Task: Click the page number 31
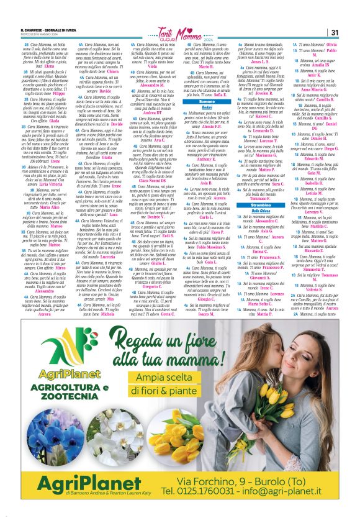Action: point(334,33)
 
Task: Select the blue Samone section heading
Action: point(206,101)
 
